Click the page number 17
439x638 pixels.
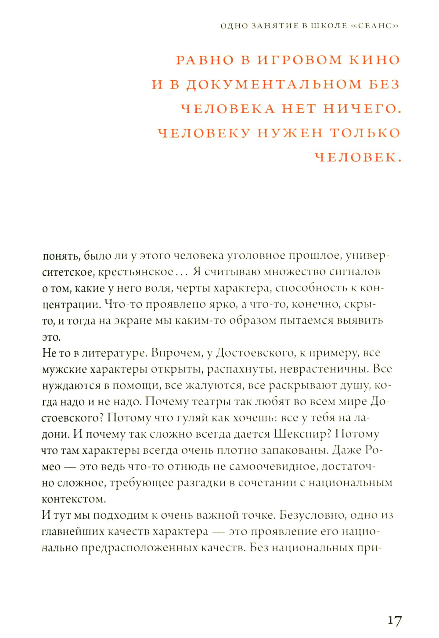coord(394,620)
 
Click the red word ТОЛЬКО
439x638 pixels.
coord(365,133)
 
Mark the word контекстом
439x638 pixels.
coord(74,499)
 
